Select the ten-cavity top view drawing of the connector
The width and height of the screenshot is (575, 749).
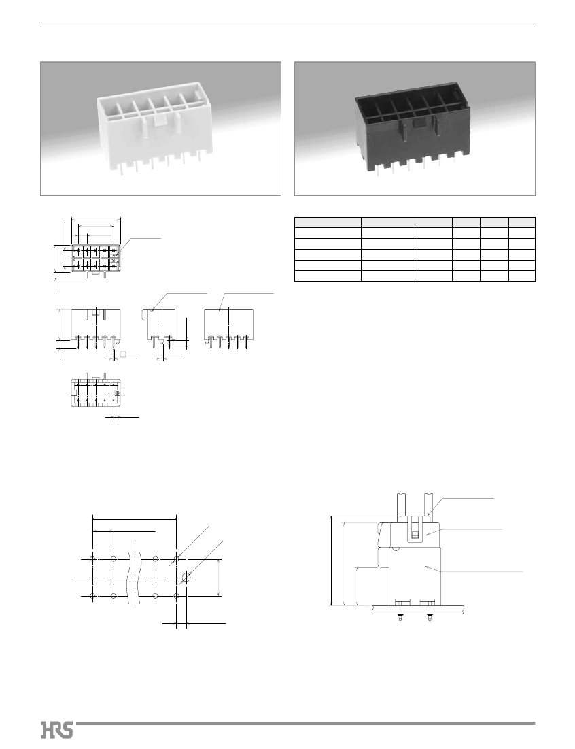pyautogui.click(x=96, y=260)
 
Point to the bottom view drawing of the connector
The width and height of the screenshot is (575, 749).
pyautogui.click(x=95, y=392)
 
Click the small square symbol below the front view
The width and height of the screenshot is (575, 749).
pyautogui.click(x=122, y=354)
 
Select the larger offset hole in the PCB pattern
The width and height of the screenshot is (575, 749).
pyautogui.click(x=187, y=577)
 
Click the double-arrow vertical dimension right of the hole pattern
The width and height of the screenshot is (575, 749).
pyautogui.click(x=220, y=577)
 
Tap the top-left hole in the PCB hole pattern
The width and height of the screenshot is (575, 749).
pyautogui.click(x=93, y=559)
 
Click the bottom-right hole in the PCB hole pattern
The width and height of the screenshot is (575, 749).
pyautogui.click(x=177, y=596)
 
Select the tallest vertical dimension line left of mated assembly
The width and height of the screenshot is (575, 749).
pyautogui.click(x=331, y=561)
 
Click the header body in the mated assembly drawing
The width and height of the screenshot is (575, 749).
pyautogui.click(x=414, y=576)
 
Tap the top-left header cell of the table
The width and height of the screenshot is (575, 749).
pyautogui.click(x=328, y=222)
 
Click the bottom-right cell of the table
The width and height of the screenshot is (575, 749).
pyautogui.click(x=521, y=276)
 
